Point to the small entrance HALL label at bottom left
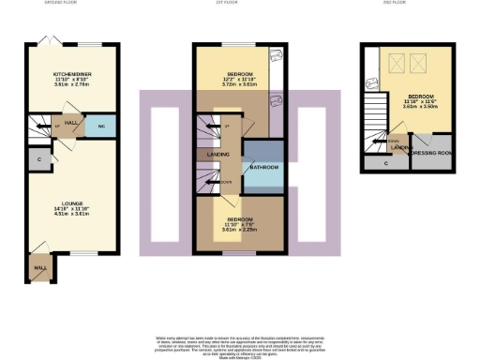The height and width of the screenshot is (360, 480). [x=40, y=267]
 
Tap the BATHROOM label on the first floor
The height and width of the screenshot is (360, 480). [x=262, y=168]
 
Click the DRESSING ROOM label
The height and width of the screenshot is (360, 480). [x=431, y=152]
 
